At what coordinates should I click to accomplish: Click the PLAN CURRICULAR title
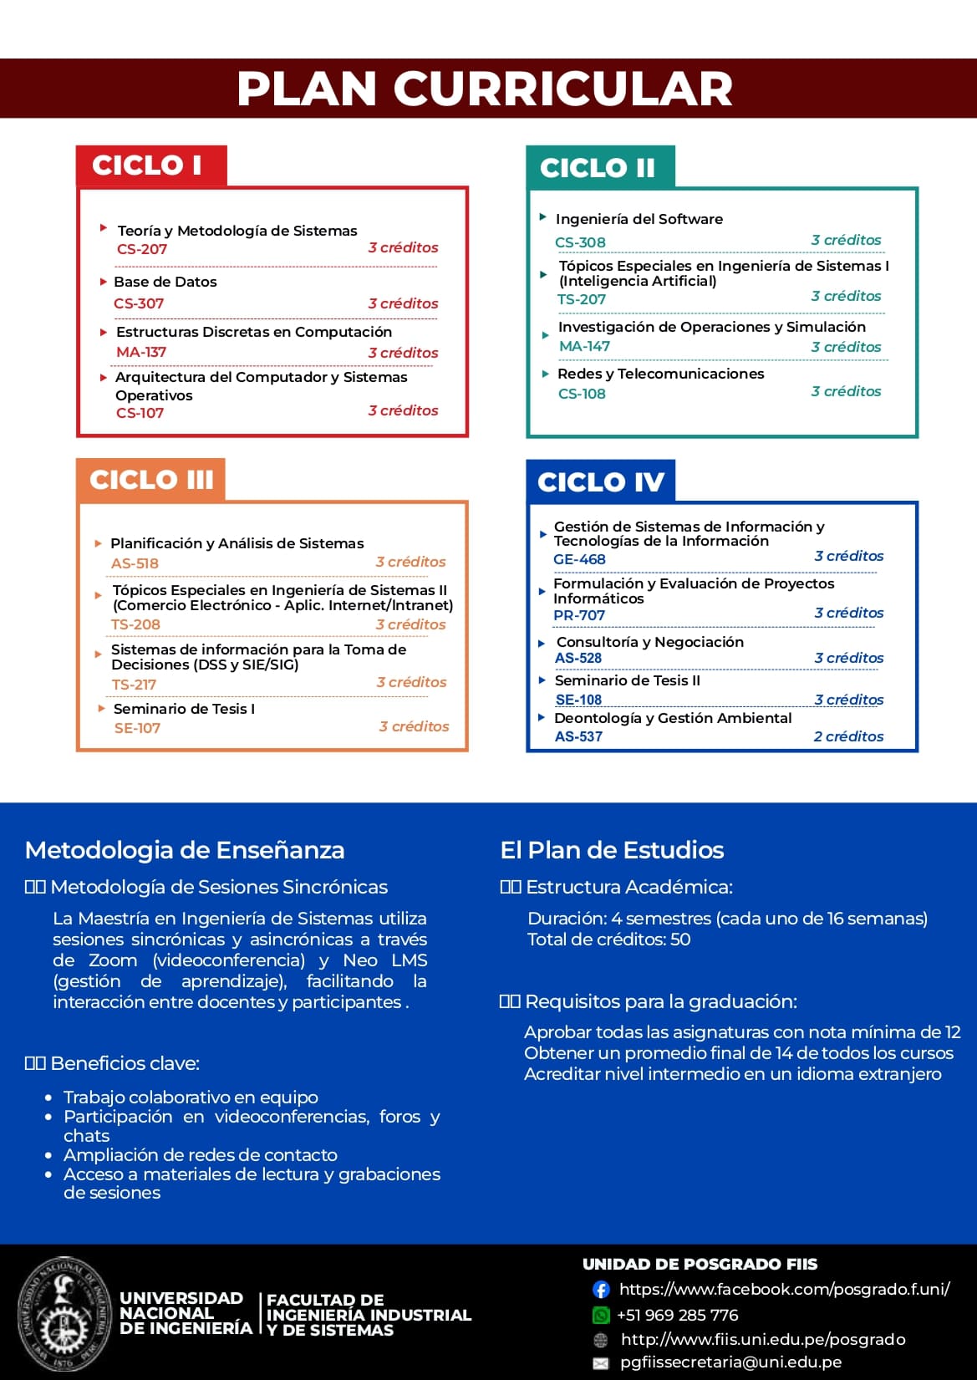pyautogui.click(x=485, y=89)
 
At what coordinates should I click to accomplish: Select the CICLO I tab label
pyautogui.click(x=147, y=165)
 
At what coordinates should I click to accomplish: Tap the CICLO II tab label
pyautogui.click(x=597, y=168)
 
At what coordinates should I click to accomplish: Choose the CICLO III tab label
pyautogui.click(x=151, y=480)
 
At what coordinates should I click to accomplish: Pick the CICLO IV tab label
pyautogui.click(x=600, y=482)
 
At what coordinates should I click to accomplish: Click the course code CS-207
pyautogui.click(x=142, y=249)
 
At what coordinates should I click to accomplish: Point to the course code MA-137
pyautogui.click(x=141, y=352)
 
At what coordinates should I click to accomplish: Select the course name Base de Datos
pyautogui.click(x=165, y=282)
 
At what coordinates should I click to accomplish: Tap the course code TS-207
pyautogui.click(x=582, y=299)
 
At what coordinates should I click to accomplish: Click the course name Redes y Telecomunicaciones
pyautogui.click(x=660, y=374)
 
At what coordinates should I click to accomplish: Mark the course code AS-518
pyautogui.click(x=135, y=563)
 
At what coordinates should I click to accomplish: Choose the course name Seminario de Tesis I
pyautogui.click(x=184, y=709)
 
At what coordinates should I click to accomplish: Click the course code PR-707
pyautogui.click(x=579, y=615)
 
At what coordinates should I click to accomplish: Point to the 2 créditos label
pyautogui.click(x=848, y=736)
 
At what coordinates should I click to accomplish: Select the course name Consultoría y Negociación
pyautogui.click(x=649, y=642)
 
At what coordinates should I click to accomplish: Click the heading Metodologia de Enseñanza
pyautogui.click(x=185, y=850)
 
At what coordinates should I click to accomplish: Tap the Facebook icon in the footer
pyautogui.click(x=601, y=1289)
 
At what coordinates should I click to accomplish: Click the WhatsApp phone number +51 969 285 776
pyautogui.click(x=677, y=1315)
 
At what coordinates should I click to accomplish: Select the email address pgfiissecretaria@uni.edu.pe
pyautogui.click(x=730, y=1362)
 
